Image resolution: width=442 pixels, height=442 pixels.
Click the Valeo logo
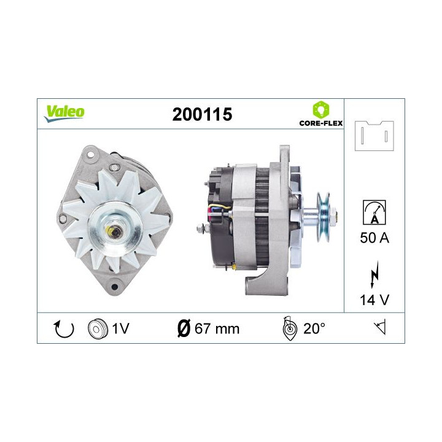[x=64, y=112]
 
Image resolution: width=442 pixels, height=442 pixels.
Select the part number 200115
[x=202, y=114]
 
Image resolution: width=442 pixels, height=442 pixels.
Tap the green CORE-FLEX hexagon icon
[x=320, y=110]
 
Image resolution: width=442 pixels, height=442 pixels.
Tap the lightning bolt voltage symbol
[x=374, y=276]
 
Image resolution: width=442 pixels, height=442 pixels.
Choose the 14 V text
[x=374, y=301]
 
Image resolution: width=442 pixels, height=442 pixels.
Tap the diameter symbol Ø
[x=182, y=328]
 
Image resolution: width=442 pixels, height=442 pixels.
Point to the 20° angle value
[x=314, y=328]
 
